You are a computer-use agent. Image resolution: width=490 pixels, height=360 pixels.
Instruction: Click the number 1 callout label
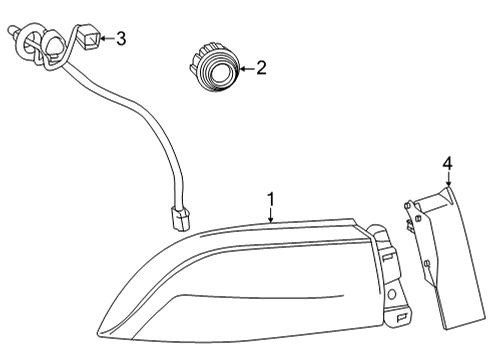click(270, 198)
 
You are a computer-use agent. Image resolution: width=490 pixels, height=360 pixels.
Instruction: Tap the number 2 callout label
click(261, 69)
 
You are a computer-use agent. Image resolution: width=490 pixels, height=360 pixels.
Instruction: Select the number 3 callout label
click(121, 40)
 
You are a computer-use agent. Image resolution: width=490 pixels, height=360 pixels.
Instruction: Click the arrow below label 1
click(270, 213)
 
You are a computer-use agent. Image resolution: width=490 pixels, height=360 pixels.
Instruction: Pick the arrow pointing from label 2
click(244, 69)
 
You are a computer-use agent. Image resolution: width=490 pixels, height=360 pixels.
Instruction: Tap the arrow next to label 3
click(107, 40)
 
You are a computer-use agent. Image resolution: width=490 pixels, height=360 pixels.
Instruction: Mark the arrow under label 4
click(448, 179)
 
